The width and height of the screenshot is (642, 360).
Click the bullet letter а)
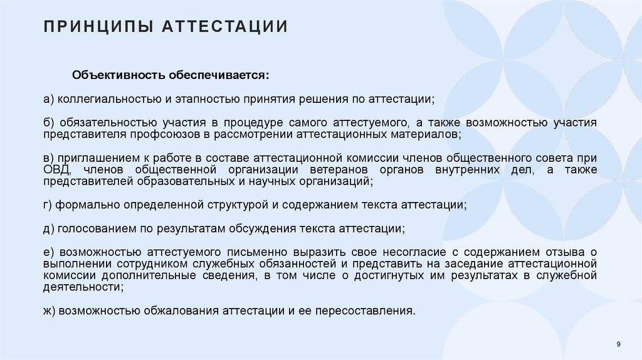[x=48, y=99]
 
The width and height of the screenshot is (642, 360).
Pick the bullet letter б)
[x=48, y=122]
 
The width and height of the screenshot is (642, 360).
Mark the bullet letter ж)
[x=50, y=310]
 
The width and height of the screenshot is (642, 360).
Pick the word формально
[x=81, y=204]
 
